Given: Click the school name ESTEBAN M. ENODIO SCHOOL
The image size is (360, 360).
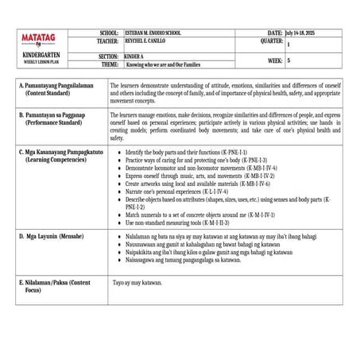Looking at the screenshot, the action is point(153,33).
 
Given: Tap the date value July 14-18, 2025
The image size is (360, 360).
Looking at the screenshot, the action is point(304,33).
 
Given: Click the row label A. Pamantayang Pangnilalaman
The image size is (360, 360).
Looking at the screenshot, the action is point(57,83).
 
